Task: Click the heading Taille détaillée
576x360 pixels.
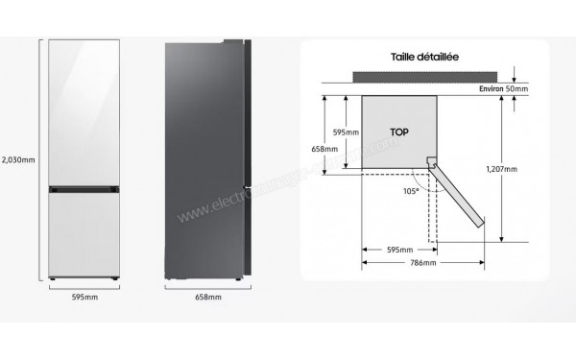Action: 424,57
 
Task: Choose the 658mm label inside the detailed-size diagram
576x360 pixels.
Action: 325,149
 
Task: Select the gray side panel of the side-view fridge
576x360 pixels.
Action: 205,158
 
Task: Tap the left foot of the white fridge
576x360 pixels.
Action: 56,280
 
